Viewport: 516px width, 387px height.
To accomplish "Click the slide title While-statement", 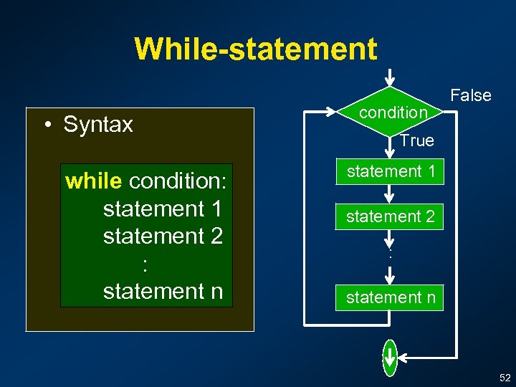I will pyautogui.click(x=255, y=49).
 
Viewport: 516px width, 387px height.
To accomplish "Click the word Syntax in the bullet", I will pyautogui.click(x=97, y=125).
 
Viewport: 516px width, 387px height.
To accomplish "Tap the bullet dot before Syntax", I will pyautogui.click(x=45, y=125).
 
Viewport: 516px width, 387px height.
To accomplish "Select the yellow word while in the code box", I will pyautogui.click(x=93, y=181).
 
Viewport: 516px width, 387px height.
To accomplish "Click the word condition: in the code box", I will pyautogui.click(x=178, y=181).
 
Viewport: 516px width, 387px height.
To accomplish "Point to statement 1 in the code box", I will pyautogui.click(x=163, y=209).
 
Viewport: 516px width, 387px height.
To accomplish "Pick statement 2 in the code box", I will pyautogui.click(x=163, y=236).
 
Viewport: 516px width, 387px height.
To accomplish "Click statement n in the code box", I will pyautogui.click(x=163, y=291).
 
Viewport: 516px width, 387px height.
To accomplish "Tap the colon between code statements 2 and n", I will pyautogui.click(x=145, y=264).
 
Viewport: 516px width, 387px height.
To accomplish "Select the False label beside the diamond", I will pyautogui.click(x=470, y=95).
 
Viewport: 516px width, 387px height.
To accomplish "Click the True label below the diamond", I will pyautogui.click(x=416, y=140).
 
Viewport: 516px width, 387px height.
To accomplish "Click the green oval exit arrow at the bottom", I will pyautogui.click(x=389, y=356).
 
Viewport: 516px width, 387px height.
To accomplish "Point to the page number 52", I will pyautogui.click(x=505, y=377).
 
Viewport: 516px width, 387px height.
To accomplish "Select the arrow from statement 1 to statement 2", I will pyautogui.click(x=389, y=194).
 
